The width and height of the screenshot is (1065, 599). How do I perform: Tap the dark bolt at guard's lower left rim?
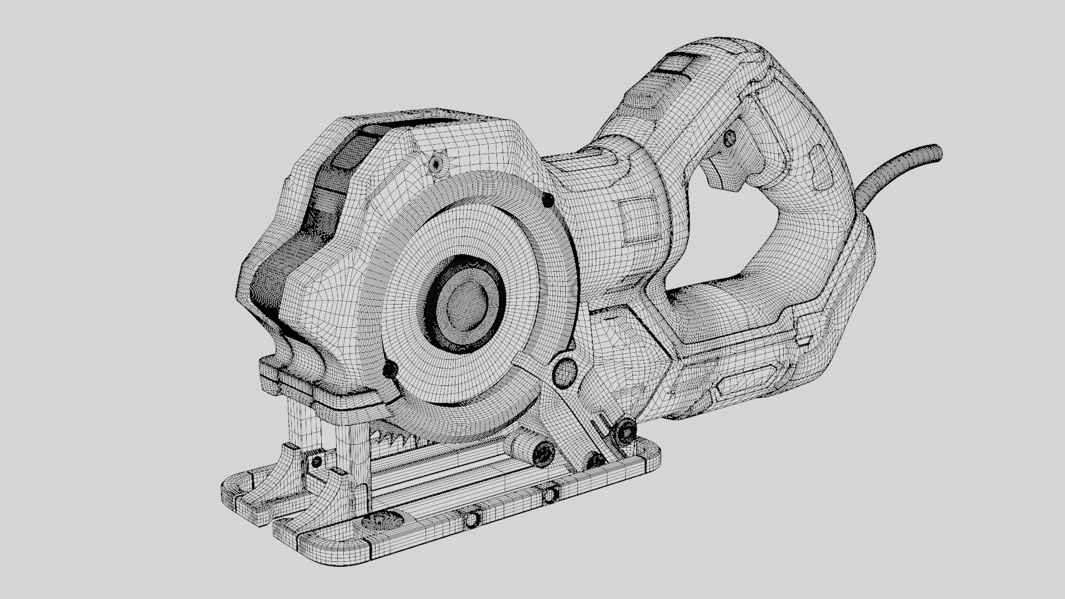click(x=390, y=370)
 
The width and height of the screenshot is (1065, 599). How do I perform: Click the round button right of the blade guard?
click(x=565, y=372)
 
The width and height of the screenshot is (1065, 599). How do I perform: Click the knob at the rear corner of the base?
click(x=626, y=431)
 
